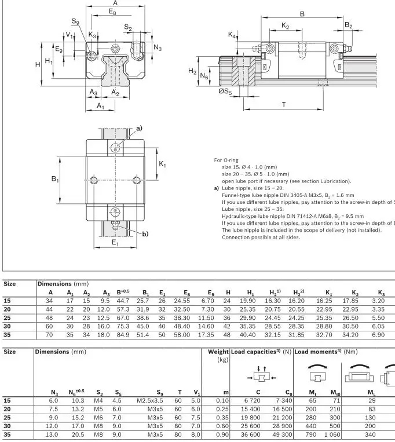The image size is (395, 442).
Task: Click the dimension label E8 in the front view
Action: click(112, 12)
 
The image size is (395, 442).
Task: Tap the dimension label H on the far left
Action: click(38, 64)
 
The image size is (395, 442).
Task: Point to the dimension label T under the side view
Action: click(283, 104)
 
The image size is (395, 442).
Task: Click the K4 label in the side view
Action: click(232, 35)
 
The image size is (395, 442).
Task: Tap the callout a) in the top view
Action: click(139, 129)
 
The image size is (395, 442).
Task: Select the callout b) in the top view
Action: click(145, 233)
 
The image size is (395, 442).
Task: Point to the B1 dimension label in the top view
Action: click(55, 180)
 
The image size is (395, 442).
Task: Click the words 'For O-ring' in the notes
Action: click(226, 160)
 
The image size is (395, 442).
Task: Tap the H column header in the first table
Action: click(228, 292)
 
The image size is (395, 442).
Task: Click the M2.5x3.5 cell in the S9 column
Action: click(150, 400)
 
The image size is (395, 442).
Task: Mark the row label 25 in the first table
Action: click(8, 317)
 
